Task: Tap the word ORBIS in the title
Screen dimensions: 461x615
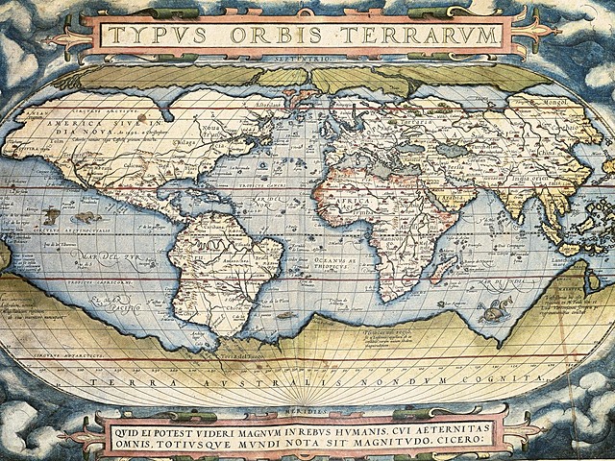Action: (272, 36)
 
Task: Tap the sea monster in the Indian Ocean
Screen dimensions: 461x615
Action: (496, 309)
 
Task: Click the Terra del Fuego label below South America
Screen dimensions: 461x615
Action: (244, 356)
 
